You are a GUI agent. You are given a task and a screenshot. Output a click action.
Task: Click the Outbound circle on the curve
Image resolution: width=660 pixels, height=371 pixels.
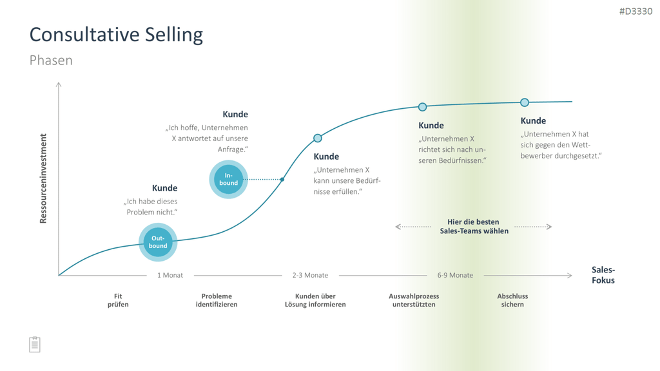158,242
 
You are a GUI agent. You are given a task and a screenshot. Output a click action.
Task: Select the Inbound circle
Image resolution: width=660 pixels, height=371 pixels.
229,179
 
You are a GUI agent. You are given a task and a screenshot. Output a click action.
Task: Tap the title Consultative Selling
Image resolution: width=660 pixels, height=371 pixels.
116,35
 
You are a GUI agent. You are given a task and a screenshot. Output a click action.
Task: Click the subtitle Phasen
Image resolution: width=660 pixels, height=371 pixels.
51,60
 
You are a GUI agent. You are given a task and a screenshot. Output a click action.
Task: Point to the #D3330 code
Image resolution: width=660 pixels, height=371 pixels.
636,12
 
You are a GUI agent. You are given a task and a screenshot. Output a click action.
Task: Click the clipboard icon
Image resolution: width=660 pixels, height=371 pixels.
35,345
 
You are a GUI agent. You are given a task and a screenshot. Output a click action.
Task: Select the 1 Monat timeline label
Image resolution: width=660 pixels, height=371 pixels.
170,275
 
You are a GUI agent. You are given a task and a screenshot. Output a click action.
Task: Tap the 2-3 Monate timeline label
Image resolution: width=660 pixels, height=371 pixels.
310,275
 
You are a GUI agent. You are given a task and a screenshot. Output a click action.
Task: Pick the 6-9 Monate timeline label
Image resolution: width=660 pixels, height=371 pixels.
455,275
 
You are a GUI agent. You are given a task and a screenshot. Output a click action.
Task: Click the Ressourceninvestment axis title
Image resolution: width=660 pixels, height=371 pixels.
43,178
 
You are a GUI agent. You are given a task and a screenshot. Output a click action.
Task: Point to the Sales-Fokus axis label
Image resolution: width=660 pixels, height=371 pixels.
603,275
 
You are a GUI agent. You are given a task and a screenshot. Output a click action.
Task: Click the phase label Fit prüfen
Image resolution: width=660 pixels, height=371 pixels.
118,300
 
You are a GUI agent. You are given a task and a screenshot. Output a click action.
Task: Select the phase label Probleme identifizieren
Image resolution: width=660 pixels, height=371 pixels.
217,300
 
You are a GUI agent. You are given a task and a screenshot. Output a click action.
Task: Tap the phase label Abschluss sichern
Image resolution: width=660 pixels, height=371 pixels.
512,300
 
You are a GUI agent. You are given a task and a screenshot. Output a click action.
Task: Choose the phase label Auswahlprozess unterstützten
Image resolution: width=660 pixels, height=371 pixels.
414,300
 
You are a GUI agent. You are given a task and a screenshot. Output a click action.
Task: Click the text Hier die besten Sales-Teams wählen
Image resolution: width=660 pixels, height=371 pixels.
474,226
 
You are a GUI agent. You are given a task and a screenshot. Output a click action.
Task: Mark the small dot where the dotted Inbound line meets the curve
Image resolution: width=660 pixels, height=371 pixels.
282,180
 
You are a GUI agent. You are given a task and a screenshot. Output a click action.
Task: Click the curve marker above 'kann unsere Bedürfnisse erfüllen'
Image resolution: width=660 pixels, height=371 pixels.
318,138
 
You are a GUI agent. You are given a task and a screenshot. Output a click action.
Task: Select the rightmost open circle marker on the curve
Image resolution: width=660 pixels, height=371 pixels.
525,102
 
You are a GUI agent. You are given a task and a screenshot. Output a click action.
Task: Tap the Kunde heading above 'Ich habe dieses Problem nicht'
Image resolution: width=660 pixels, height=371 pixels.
164,188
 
